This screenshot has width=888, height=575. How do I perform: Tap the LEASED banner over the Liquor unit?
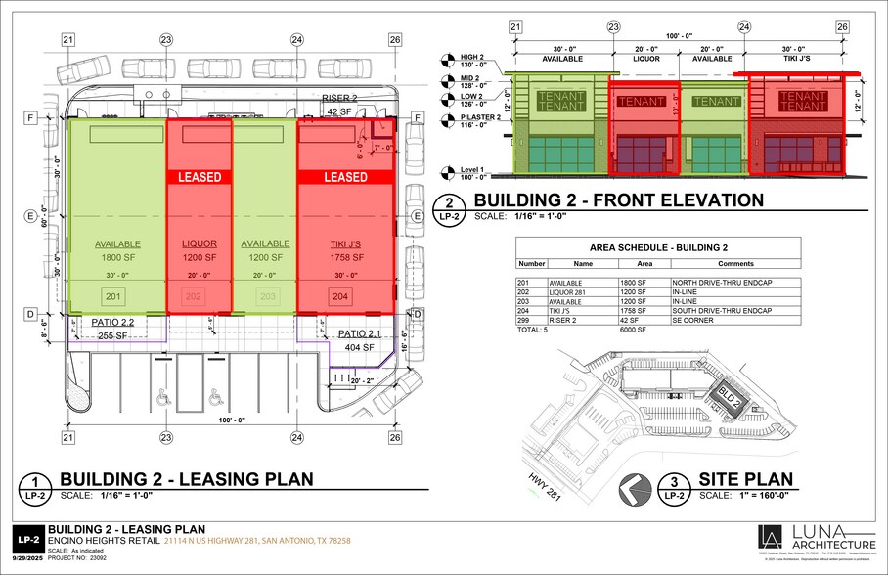(x=200, y=177)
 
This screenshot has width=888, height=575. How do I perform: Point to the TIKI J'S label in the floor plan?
(x=345, y=243)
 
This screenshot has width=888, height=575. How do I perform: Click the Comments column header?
(x=733, y=264)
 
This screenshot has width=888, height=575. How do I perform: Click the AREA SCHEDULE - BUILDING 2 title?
(x=657, y=246)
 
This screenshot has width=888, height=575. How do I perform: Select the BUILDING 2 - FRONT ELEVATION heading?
(x=618, y=200)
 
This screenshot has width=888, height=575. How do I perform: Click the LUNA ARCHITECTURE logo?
(x=818, y=539)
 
